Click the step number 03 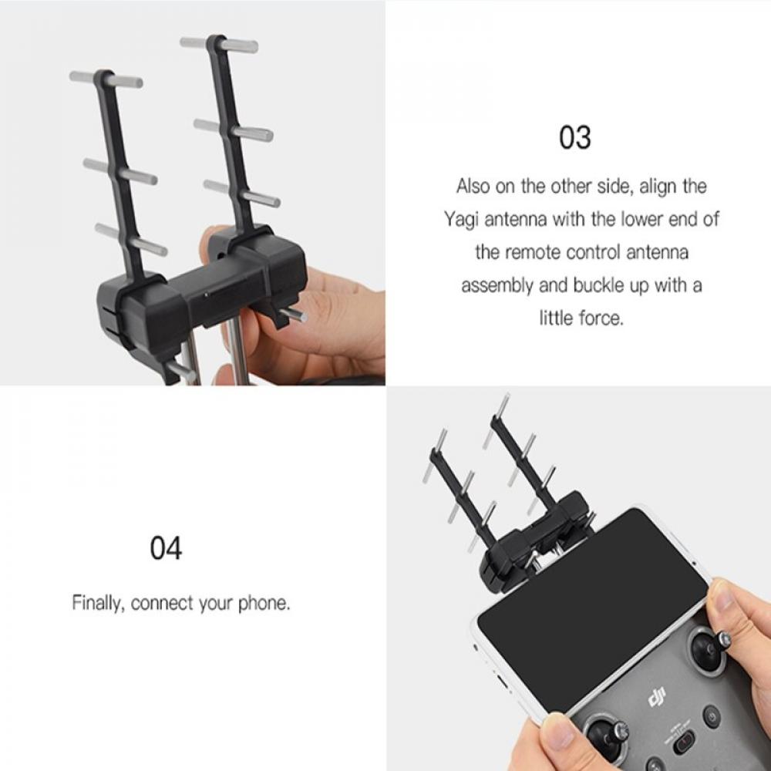coord(574,138)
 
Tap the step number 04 coord(166,549)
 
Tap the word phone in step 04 coord(262,603)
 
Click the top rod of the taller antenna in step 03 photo coord(219,44)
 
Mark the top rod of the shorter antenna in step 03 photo coord(106,79)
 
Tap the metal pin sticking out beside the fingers coord(293,315)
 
